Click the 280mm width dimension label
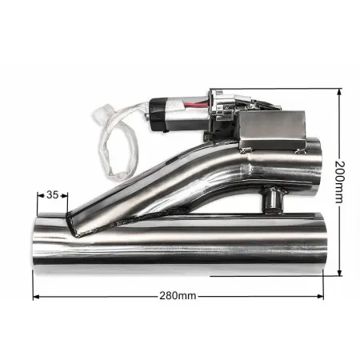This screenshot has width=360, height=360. tap(178, 296)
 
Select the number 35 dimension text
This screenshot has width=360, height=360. tap(52, 194)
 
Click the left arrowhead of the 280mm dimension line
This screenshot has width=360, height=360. tap(35, 296)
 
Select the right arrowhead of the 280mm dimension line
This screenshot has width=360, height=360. tap(322, 296)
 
